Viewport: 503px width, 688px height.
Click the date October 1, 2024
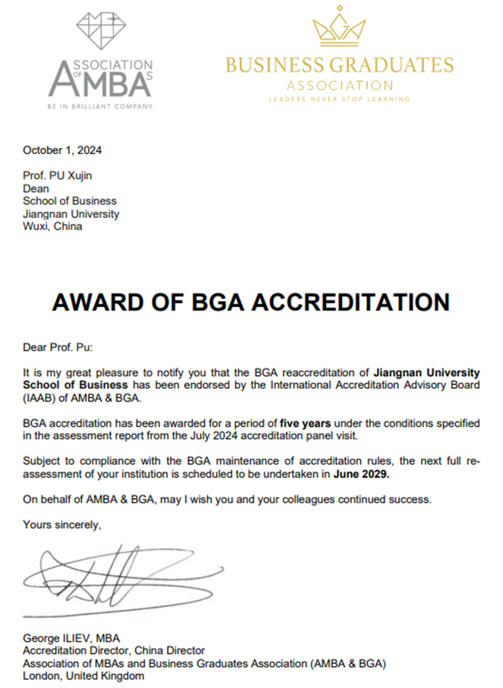coord(62,150)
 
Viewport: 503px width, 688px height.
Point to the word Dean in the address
coord(36,188)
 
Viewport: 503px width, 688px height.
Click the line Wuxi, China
coord(53,226)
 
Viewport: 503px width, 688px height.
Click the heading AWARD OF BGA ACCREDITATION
coord(251,301)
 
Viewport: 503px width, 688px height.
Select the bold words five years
coord(303,421)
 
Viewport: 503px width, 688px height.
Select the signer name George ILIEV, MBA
coord(72,638)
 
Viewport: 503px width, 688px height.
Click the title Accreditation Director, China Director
coord(114,651)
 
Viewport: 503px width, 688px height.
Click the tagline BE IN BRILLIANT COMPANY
coord(100,106)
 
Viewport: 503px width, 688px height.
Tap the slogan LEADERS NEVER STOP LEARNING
coord(340,99)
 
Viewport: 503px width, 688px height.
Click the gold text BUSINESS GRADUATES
coord(340,65)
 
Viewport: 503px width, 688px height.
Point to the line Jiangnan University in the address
coord(71,214)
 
